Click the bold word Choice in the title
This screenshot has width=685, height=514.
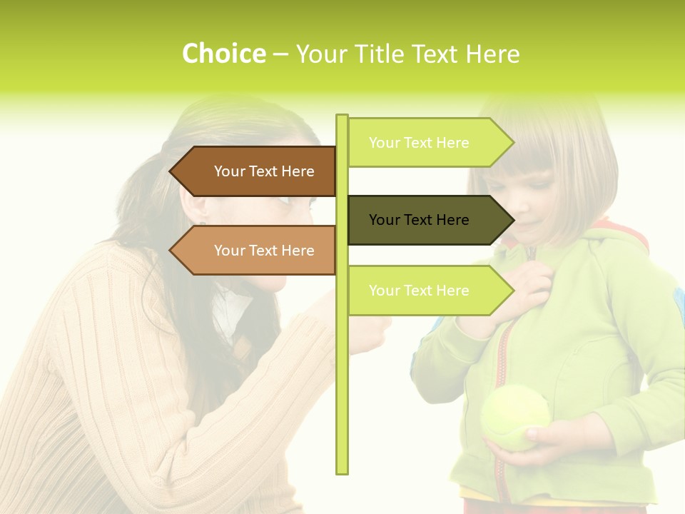pos(223,54)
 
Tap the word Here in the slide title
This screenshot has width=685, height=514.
pos(492,54)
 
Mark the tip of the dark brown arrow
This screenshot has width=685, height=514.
pos(172,171)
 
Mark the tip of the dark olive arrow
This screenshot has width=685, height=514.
pos(512,220)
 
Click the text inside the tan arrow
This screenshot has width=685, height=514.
pos(264,251)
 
